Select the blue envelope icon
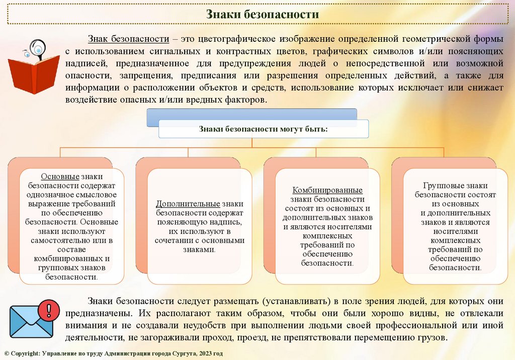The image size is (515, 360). [x=31, y=321]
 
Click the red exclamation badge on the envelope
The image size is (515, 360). [x=49, y=307]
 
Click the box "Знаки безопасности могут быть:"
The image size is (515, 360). [x=264, y=129]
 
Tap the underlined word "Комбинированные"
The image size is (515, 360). [x=327, y=190]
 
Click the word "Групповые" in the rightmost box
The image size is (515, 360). [x=440, y=186]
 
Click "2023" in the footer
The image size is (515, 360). [x=207, y=354]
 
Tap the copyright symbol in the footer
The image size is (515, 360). [x=6, y=354]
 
